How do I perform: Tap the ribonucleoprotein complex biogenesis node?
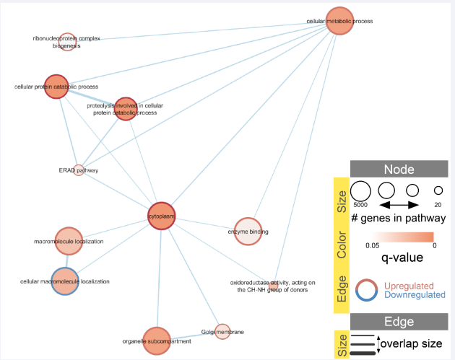tap(67, 41)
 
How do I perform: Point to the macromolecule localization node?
tap(68, 242)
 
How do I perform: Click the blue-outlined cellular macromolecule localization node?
tap(65, 282)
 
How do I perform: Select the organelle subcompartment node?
tap(156, 341)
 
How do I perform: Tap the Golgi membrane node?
tap(222, 331)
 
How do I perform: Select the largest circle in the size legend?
tap(360, 191)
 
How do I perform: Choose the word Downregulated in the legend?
tap(412, 295)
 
